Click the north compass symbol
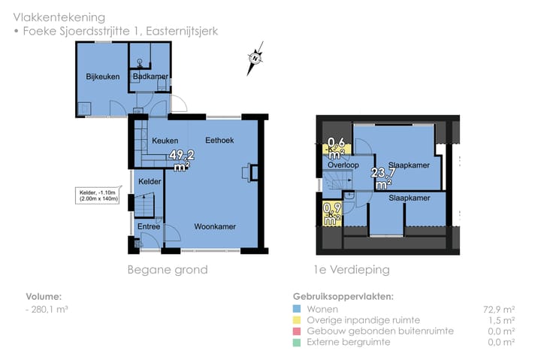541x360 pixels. click(256, 57)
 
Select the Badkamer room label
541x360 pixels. click(150, 77)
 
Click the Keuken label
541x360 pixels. click(165, 141)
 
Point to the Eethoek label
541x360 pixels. click(219, 141)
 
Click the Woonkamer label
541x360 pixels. click(215, 226)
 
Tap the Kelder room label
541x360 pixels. click(150, 182)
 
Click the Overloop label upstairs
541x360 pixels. click(342, 165)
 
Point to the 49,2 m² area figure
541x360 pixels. click(181, 160)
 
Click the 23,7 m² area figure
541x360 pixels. click(382, 177)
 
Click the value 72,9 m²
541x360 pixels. click(498, 309)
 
